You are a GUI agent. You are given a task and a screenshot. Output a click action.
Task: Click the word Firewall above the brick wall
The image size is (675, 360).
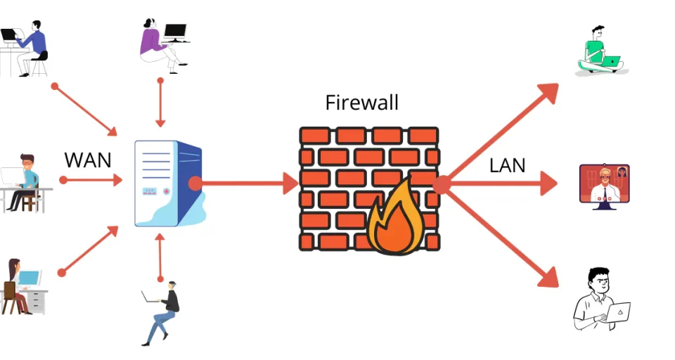click(x=361, y=103)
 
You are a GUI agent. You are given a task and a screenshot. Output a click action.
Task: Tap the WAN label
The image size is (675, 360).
click(x=88, y=160)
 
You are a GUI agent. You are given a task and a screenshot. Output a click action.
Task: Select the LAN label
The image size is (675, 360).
click(x=508, y=167)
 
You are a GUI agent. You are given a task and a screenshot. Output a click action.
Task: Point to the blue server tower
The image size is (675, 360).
click(x=167, y=184)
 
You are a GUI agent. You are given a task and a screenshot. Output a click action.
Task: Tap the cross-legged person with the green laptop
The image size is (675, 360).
click(x=600, y=52)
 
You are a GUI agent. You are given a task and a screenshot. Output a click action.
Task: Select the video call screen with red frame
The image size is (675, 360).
click(x=604, y=184)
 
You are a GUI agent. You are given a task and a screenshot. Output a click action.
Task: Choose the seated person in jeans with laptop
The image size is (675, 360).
click(x=163, y=312)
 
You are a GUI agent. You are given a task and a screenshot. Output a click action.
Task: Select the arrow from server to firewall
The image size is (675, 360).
click(x=246, y=184)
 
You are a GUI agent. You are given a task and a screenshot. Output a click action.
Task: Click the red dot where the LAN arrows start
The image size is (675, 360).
click(x=442, y=185)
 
